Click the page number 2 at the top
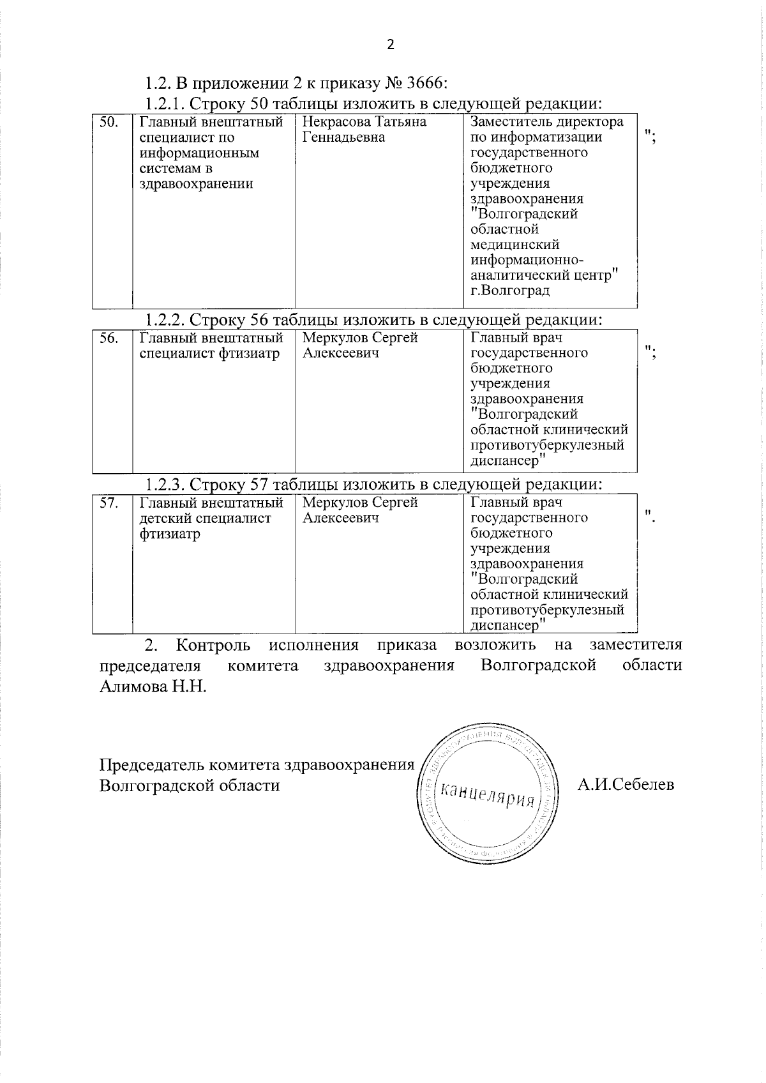coord(391,44)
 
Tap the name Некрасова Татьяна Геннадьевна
coord(364,130)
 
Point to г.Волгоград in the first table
coord(510,291)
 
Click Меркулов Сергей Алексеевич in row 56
coord(360,345)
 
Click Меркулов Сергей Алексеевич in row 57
coord(360,510)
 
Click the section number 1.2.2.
coord(165,319)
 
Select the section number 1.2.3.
coord(165,484)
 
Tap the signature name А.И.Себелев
coord(626,784)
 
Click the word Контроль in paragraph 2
coord(213,644)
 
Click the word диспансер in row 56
coord(505,460)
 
